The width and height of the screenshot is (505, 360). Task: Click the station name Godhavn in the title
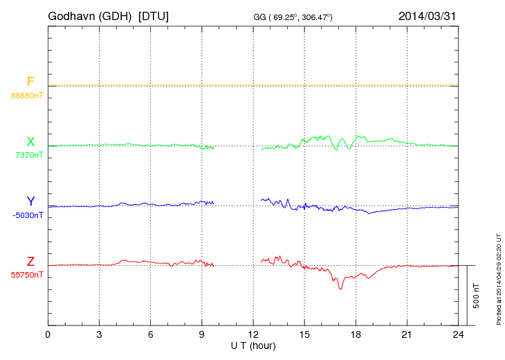pyautogui.click(x=73, y=15)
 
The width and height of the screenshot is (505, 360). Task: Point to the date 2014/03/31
pyautogui.click(x=427, y=15)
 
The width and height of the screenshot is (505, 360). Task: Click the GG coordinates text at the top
pyautogui.click(x=293, y=16)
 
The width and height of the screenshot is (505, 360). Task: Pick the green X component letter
pyautogui.click(x=30, y=142)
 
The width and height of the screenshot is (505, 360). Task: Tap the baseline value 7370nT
pyautogui.click(x=28, y=155)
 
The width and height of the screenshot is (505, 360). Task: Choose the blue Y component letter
pyautogui.click(x=30, y=201)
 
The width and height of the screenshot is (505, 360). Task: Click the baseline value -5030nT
pyautogui.click(x=28, y=215)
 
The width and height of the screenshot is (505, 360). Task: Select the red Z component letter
pyautogui.click(x=30, y=262)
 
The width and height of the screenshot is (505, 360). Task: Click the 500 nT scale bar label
pyautogui.click(x=477, y=295)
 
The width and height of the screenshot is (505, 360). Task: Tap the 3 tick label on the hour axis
pyautogui.click(x=99, y=335)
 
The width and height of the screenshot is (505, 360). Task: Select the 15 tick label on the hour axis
pyautogui.click(x=304, y=335)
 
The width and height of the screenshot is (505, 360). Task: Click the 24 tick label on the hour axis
pyautogui.click(x=457, y=335)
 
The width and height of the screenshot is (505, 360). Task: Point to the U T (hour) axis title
pyautogui.click(x=253, y=345)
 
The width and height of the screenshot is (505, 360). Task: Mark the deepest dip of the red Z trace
pyautogui.click(x=340, y=288)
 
